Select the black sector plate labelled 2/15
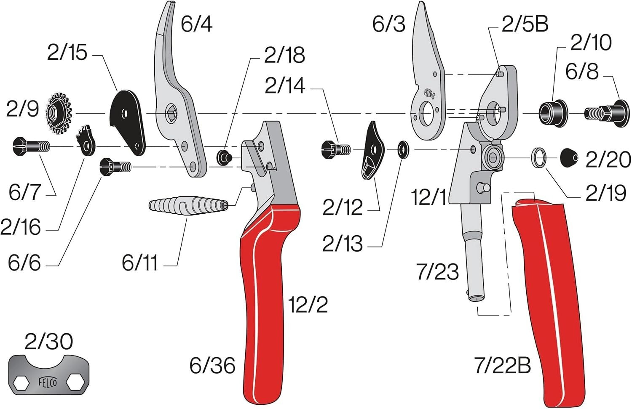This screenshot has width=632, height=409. pyautogui.click(x=127, y=122)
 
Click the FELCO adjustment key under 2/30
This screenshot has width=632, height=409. pyautogui.click(x=48, y=375)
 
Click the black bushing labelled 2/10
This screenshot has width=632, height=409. pyautogui.click(x=552, y=113)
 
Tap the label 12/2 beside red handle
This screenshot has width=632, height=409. pyautogui.click(x=308, y=304)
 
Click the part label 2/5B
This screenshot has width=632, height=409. pyautogui.click(x=525, y=24)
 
